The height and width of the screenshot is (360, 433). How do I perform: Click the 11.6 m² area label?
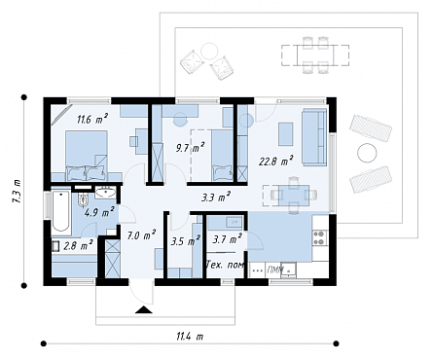(92, 119)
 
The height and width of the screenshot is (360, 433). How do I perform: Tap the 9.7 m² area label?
(190, 148)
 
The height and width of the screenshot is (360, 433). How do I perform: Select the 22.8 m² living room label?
(276, 161)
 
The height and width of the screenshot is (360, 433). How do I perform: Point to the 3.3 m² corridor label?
(216, 197)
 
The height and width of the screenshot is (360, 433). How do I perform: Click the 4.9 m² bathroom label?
(99, 212)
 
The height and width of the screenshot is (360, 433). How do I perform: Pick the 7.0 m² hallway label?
(141, 235)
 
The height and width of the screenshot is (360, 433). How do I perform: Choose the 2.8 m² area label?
(78, 245)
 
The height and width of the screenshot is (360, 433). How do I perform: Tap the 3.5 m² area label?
(185, 240)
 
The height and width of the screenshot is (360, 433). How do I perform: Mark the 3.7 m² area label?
(227, 239)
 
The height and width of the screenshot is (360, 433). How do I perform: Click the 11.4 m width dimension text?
(190, 337)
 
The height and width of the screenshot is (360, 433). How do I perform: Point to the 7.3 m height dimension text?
(17, 192)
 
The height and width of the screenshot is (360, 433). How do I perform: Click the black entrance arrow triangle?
(144, 310)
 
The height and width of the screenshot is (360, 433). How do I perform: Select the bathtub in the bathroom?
(61, 211)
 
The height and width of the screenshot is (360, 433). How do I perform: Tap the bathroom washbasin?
(105, 193)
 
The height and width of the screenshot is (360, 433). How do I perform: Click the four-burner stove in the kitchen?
(320, 237)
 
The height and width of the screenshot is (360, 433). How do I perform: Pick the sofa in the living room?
(314, 137)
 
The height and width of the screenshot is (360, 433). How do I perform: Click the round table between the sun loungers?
(367, 152)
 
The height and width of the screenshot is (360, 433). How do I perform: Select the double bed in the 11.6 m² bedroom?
(87, 156)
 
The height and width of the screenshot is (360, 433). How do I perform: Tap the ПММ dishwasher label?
(274, 270)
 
